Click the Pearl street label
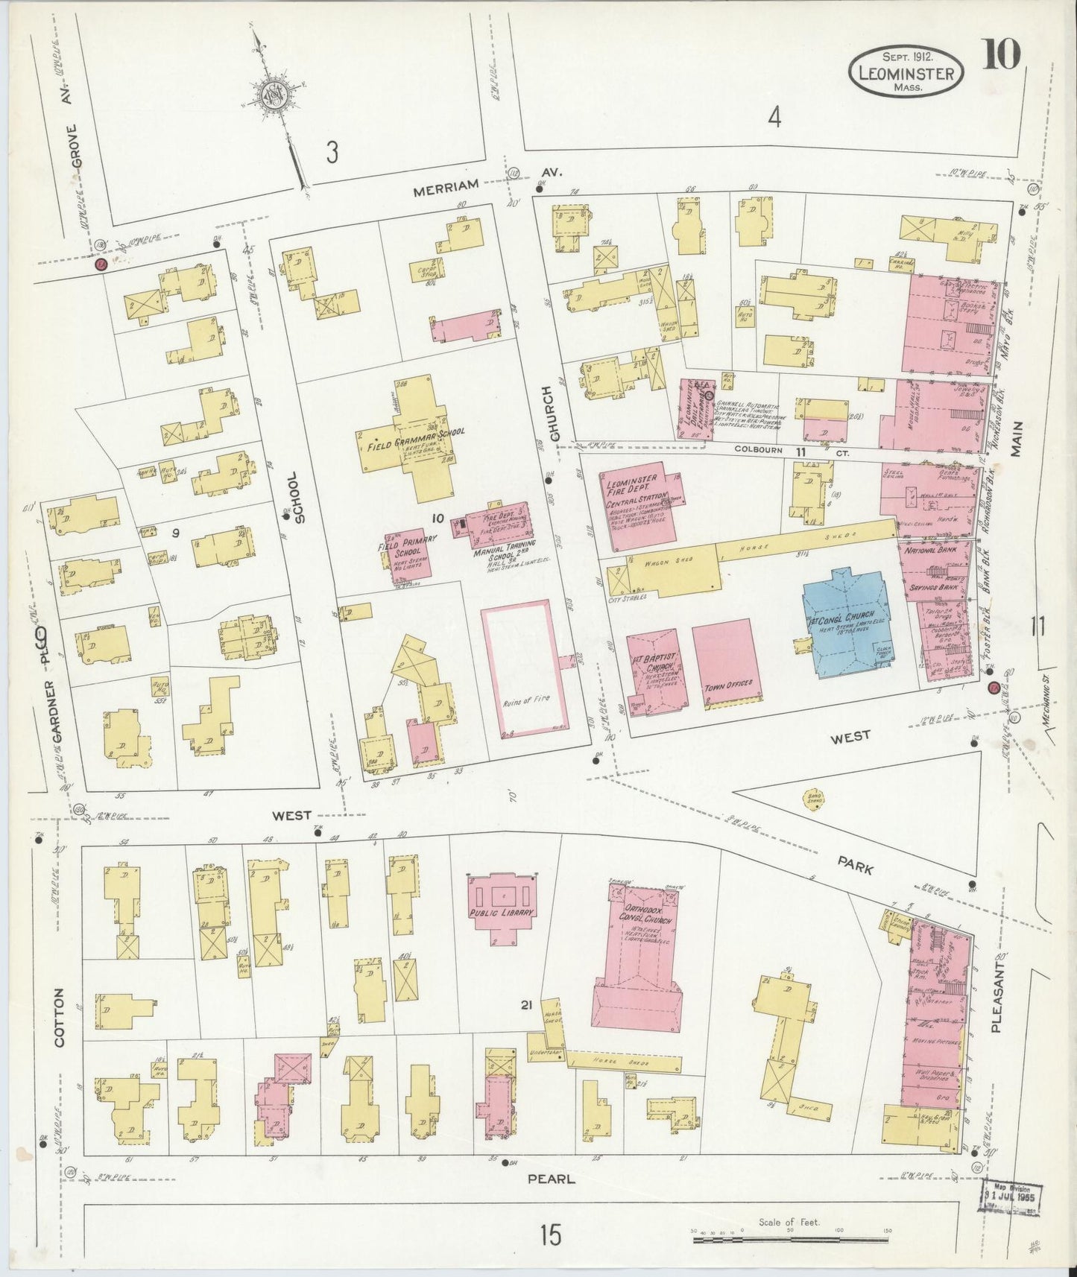552,1178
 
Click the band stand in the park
810,797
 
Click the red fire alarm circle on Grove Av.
99,264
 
